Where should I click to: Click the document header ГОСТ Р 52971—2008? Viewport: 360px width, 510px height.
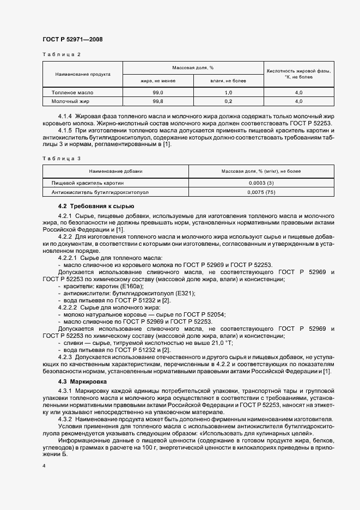(72, 40)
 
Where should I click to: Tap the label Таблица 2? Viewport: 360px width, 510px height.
(62, 55)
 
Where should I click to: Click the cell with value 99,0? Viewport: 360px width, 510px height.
(158, 93)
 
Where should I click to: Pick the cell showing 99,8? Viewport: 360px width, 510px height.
(158, 101)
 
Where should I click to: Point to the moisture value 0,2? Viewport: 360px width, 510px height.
(228, 101)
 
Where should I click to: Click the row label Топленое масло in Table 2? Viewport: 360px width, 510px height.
(69, 93)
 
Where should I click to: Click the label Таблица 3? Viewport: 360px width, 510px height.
(62, 158)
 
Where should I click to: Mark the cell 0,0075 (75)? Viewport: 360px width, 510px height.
(261, 192)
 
